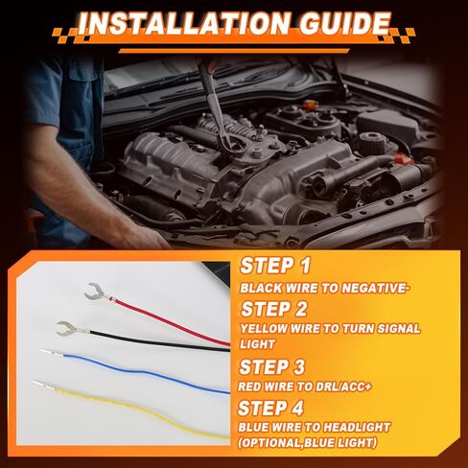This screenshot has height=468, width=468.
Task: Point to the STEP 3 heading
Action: [275, 366]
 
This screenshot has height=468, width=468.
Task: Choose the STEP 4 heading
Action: [276, 407]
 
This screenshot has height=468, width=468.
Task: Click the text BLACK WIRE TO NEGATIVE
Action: [324, 287]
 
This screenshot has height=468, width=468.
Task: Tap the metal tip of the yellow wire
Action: [40, 385]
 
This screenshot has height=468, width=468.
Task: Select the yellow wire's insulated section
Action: [144, 408]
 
